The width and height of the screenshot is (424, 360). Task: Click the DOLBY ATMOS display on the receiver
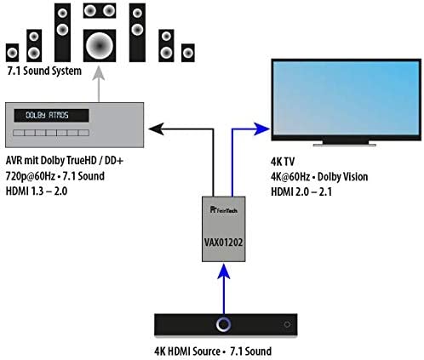pos(51,116)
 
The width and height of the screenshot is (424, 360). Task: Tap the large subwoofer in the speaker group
pos(100,45)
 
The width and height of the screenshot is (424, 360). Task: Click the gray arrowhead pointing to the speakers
pos(99,73)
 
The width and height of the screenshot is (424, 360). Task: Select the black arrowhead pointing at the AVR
pos(156,129)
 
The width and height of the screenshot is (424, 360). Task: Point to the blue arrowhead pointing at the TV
pos(261,129)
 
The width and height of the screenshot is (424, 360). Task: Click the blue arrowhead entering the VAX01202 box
pos(224,271)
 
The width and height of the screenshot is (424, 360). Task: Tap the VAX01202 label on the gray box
pos(224,243)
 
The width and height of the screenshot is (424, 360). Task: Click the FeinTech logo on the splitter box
pos(224,210)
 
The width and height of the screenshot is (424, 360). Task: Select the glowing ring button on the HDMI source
pos(223,324)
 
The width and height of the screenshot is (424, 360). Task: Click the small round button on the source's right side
pos(287,324)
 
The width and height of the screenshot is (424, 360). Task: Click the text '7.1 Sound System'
pos(44,71)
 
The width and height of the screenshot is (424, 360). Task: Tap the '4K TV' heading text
pos(283,162)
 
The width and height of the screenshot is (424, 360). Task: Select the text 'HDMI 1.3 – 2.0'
pos(37,191)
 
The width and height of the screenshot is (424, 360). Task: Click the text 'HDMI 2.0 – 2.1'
pos(301,192)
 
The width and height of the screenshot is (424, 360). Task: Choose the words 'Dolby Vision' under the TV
pos(342,177)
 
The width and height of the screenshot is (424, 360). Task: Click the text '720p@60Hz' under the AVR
pos(31,176)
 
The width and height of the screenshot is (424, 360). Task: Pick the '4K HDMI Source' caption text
pos(187,351)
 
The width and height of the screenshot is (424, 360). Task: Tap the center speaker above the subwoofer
pos(100,11)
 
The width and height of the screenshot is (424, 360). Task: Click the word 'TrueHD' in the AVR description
pos(83,161)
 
